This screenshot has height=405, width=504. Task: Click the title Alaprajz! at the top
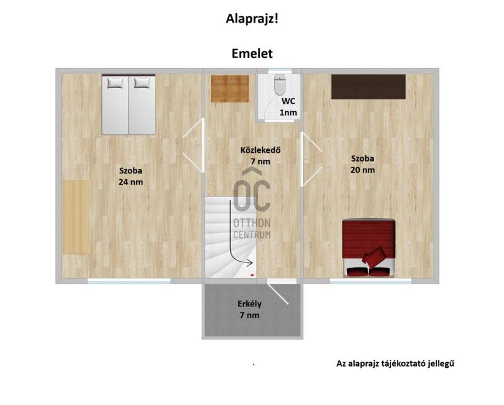click(252, 19)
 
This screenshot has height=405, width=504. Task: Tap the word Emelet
click(252, 53)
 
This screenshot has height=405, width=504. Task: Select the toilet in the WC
click(280, 85)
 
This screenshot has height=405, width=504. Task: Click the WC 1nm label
click(289, 107)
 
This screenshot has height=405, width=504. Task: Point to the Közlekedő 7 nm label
click(260, 155)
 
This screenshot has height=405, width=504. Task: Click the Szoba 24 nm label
click(130, 176)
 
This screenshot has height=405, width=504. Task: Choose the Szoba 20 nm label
click(363, 164)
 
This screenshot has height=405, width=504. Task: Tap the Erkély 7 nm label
click(249, 309)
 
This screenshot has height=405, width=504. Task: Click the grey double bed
click(129, 104)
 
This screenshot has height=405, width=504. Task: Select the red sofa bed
click(369, 248)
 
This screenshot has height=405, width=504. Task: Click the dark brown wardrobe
click(369, 87)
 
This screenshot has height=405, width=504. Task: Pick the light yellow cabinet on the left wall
click(76, 217)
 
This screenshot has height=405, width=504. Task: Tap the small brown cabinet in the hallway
click(230, 89)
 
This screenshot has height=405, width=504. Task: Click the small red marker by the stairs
click(253, 275)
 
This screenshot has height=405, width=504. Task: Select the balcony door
click(278, 294)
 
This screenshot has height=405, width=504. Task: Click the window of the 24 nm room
click(129, 281)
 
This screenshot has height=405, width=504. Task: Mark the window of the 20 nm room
click(370, 281)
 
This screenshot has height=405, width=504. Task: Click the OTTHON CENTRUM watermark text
click(252, 229)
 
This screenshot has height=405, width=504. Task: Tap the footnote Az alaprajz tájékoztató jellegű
click(396, 363)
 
